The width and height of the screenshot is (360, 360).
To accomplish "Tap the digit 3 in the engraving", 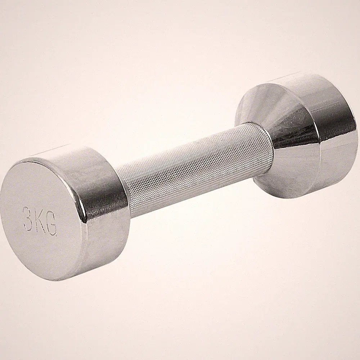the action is (28, 216).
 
